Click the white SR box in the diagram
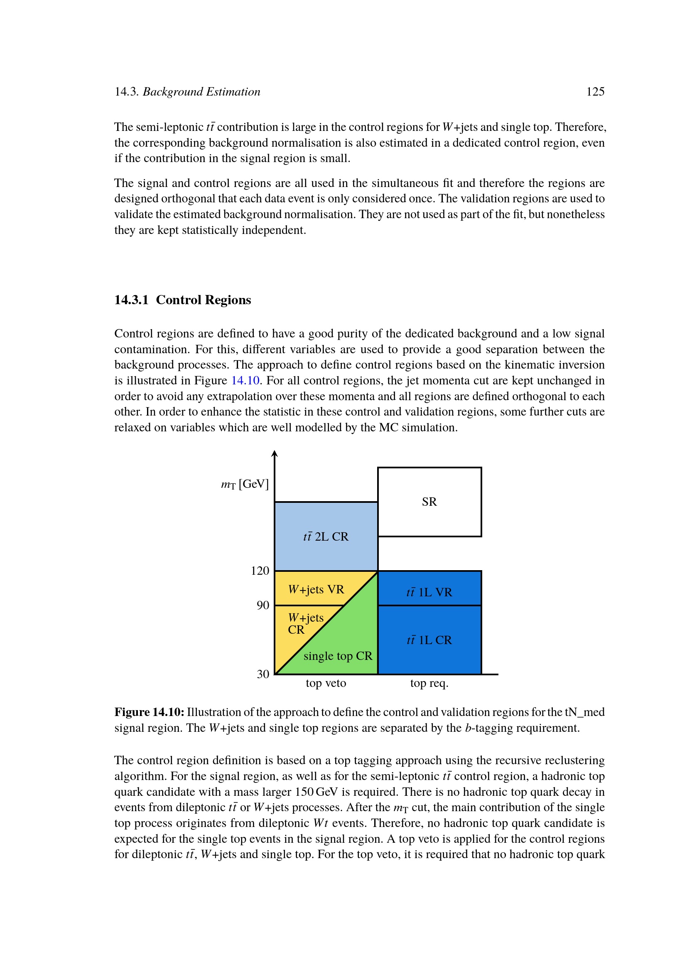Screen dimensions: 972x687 pyautogui.click(x=429, y=502)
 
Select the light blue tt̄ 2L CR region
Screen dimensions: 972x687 pyautogui.click(x=326, y=536)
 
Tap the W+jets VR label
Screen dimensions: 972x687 pyautogui.click(x=316, y=589)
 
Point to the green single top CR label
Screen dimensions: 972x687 pyautogui.click(x=338, y=656)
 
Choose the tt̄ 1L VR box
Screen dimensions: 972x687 pyautogui.click(x=429, y=592)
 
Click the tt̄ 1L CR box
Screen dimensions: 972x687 pyautogui.click(x=429, y=640)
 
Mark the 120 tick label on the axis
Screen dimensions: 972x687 pyautogui.click(x=260, y=571)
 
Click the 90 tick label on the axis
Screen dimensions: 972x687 pyautogui.click(x=263, y=605)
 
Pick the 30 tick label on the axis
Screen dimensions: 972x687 pyautogui.click(x=263, y=674)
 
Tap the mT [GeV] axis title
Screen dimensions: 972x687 pyautogui.click(x=245, y=484)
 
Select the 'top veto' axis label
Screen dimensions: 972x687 pyautogui.click(x=326, y=683)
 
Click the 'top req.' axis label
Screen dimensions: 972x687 pyautogui.click(x=429, y=683)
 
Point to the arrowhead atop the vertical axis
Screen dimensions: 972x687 pyautogui.click(x=275, y=454)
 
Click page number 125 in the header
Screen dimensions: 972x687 pyautogui.click(x=595, y=91)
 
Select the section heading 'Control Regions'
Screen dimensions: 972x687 pyautogui.click(x=203, y=300)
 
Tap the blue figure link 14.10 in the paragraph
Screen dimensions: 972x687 pyautogui.click(x=245, y=380)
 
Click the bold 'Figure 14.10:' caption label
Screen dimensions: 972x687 pyautogui.click(x=149, y=712)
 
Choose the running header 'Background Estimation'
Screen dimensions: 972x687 pyautogui.click(x=201, y=91)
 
